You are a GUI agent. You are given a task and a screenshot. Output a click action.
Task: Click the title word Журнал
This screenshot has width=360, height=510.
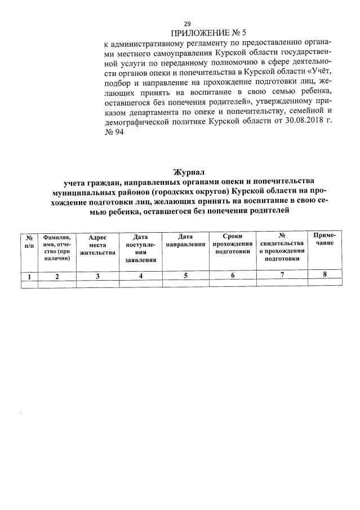(x=186, y=171)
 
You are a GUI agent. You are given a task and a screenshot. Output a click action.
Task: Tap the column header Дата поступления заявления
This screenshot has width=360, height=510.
(x=140, y=249)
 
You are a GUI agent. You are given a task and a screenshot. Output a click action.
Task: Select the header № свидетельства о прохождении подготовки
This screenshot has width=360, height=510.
(x=281, y=246)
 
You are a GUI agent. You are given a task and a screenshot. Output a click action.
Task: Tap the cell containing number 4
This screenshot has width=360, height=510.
(x=140, y=276)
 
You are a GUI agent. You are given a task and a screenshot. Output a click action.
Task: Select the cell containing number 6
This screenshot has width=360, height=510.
(x=232, y=276)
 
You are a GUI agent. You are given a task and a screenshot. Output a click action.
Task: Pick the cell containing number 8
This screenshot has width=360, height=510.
(x=325, y=274)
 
